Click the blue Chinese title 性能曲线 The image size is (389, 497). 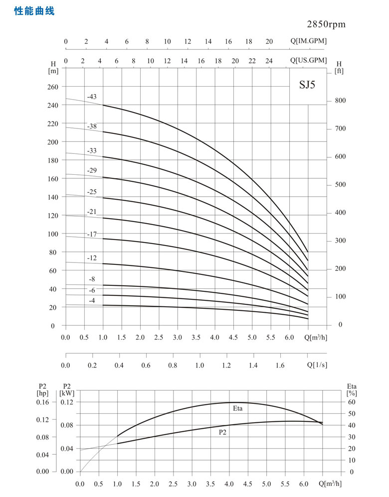click(34, 10)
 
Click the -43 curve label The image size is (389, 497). click(92, 96)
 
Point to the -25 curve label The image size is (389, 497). click(92, 192)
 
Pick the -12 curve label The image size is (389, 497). click(92, 258)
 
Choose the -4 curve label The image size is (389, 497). click(92, 300)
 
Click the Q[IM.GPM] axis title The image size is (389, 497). click(308, 41)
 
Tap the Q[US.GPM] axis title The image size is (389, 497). click(308, 60)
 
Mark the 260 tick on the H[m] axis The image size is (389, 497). click(53, 87)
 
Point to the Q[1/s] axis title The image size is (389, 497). click(316, 365)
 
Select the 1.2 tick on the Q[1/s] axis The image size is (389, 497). click(226, 365)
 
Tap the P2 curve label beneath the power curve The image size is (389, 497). click(223, 432)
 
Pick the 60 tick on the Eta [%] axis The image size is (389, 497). click(351, 402)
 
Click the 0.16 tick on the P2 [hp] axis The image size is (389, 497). click(43, 402)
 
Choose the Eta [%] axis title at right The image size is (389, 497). click(351, 389)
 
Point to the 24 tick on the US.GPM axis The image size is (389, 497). click(269, 60)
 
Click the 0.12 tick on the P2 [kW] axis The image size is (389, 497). click(67, 402)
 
